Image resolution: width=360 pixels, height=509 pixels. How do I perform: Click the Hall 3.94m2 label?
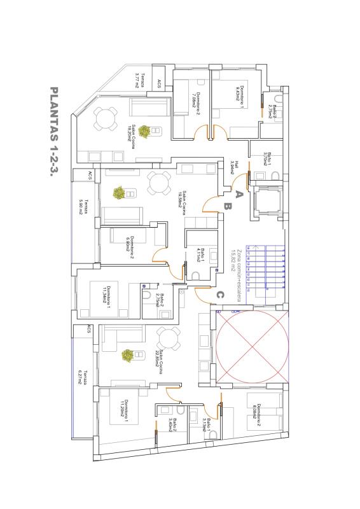pos(235,167)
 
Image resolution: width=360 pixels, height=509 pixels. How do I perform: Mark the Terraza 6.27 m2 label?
pos(83,379)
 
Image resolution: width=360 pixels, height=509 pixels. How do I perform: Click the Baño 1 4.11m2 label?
pos(201,255)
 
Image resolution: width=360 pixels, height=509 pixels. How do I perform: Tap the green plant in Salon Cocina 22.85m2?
pos(128,355)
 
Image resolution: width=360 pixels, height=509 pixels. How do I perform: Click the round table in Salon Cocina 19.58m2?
pos(158,185)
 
